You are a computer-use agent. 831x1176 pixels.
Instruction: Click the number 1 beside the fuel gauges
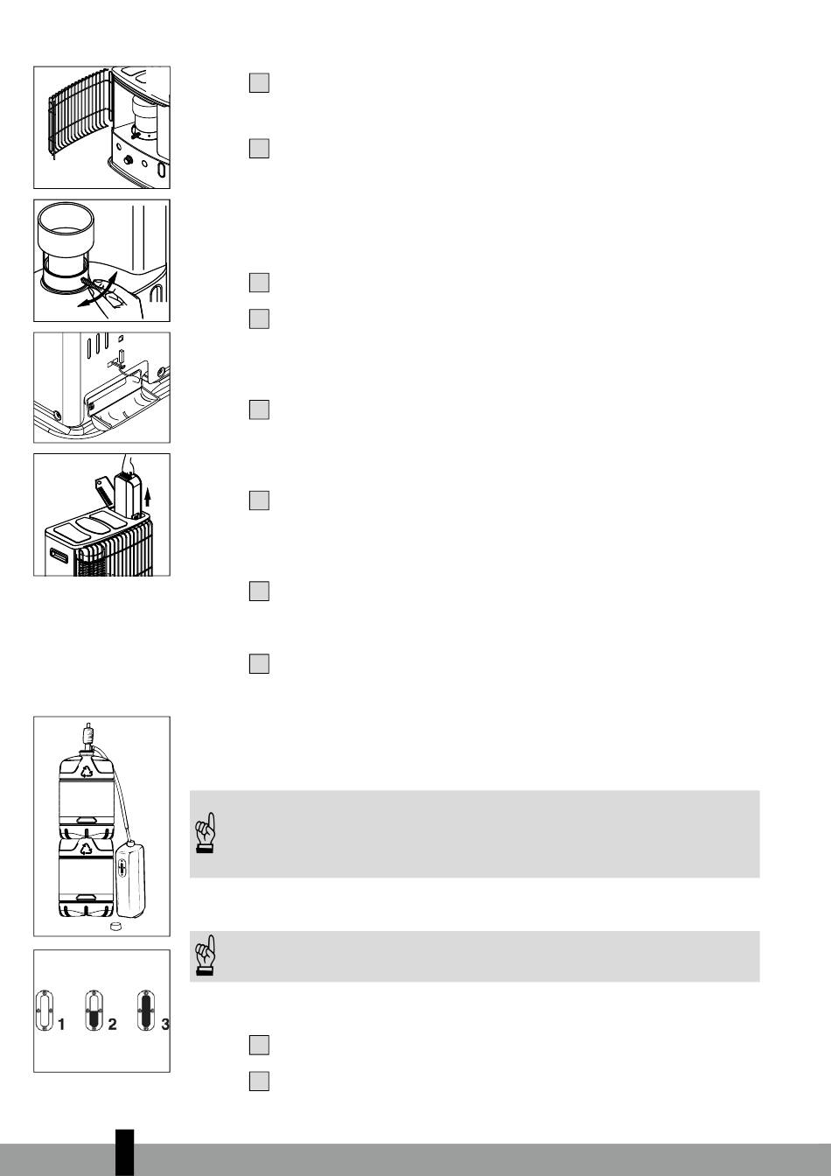pyautogui.click(x=61, y=1025)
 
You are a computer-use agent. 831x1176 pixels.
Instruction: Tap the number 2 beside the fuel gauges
pyautogui.click(x=112, y=1025)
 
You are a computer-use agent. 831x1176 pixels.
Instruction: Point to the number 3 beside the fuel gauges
pyautogui.click(x=165, y=1025)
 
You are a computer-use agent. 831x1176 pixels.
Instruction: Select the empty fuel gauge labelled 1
pyautogui.click(x=44, y=1010)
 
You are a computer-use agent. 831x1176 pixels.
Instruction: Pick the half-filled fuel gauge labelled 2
pyautogui.click(x=94, y=1010)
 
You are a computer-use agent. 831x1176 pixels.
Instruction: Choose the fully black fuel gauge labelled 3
pyautogui.click(x=146, y=1010)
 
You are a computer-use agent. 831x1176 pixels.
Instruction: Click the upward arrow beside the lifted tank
pyautogui.click(x=148, y=496)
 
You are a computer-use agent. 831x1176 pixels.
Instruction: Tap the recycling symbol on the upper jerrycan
pyautogui.click(x=86, y=771)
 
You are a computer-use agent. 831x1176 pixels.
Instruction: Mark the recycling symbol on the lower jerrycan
pyautogui.click(x=86, y=848)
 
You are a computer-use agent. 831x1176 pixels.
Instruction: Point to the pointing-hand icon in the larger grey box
pyautogui.click(x=206, y=833)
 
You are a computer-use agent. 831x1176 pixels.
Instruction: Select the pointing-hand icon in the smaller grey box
pyautogui.click(x=206, y=955)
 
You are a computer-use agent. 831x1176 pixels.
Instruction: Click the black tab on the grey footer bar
pyautogui.click(x=124, y=1153)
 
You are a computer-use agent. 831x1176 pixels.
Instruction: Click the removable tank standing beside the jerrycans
pyautogui.click(x=130, y=879)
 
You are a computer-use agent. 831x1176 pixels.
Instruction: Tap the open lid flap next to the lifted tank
pyautogui.click(x=104, y=491)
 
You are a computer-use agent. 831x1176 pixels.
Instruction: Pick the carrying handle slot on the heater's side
pyautogui.click(x=59, y=555)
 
